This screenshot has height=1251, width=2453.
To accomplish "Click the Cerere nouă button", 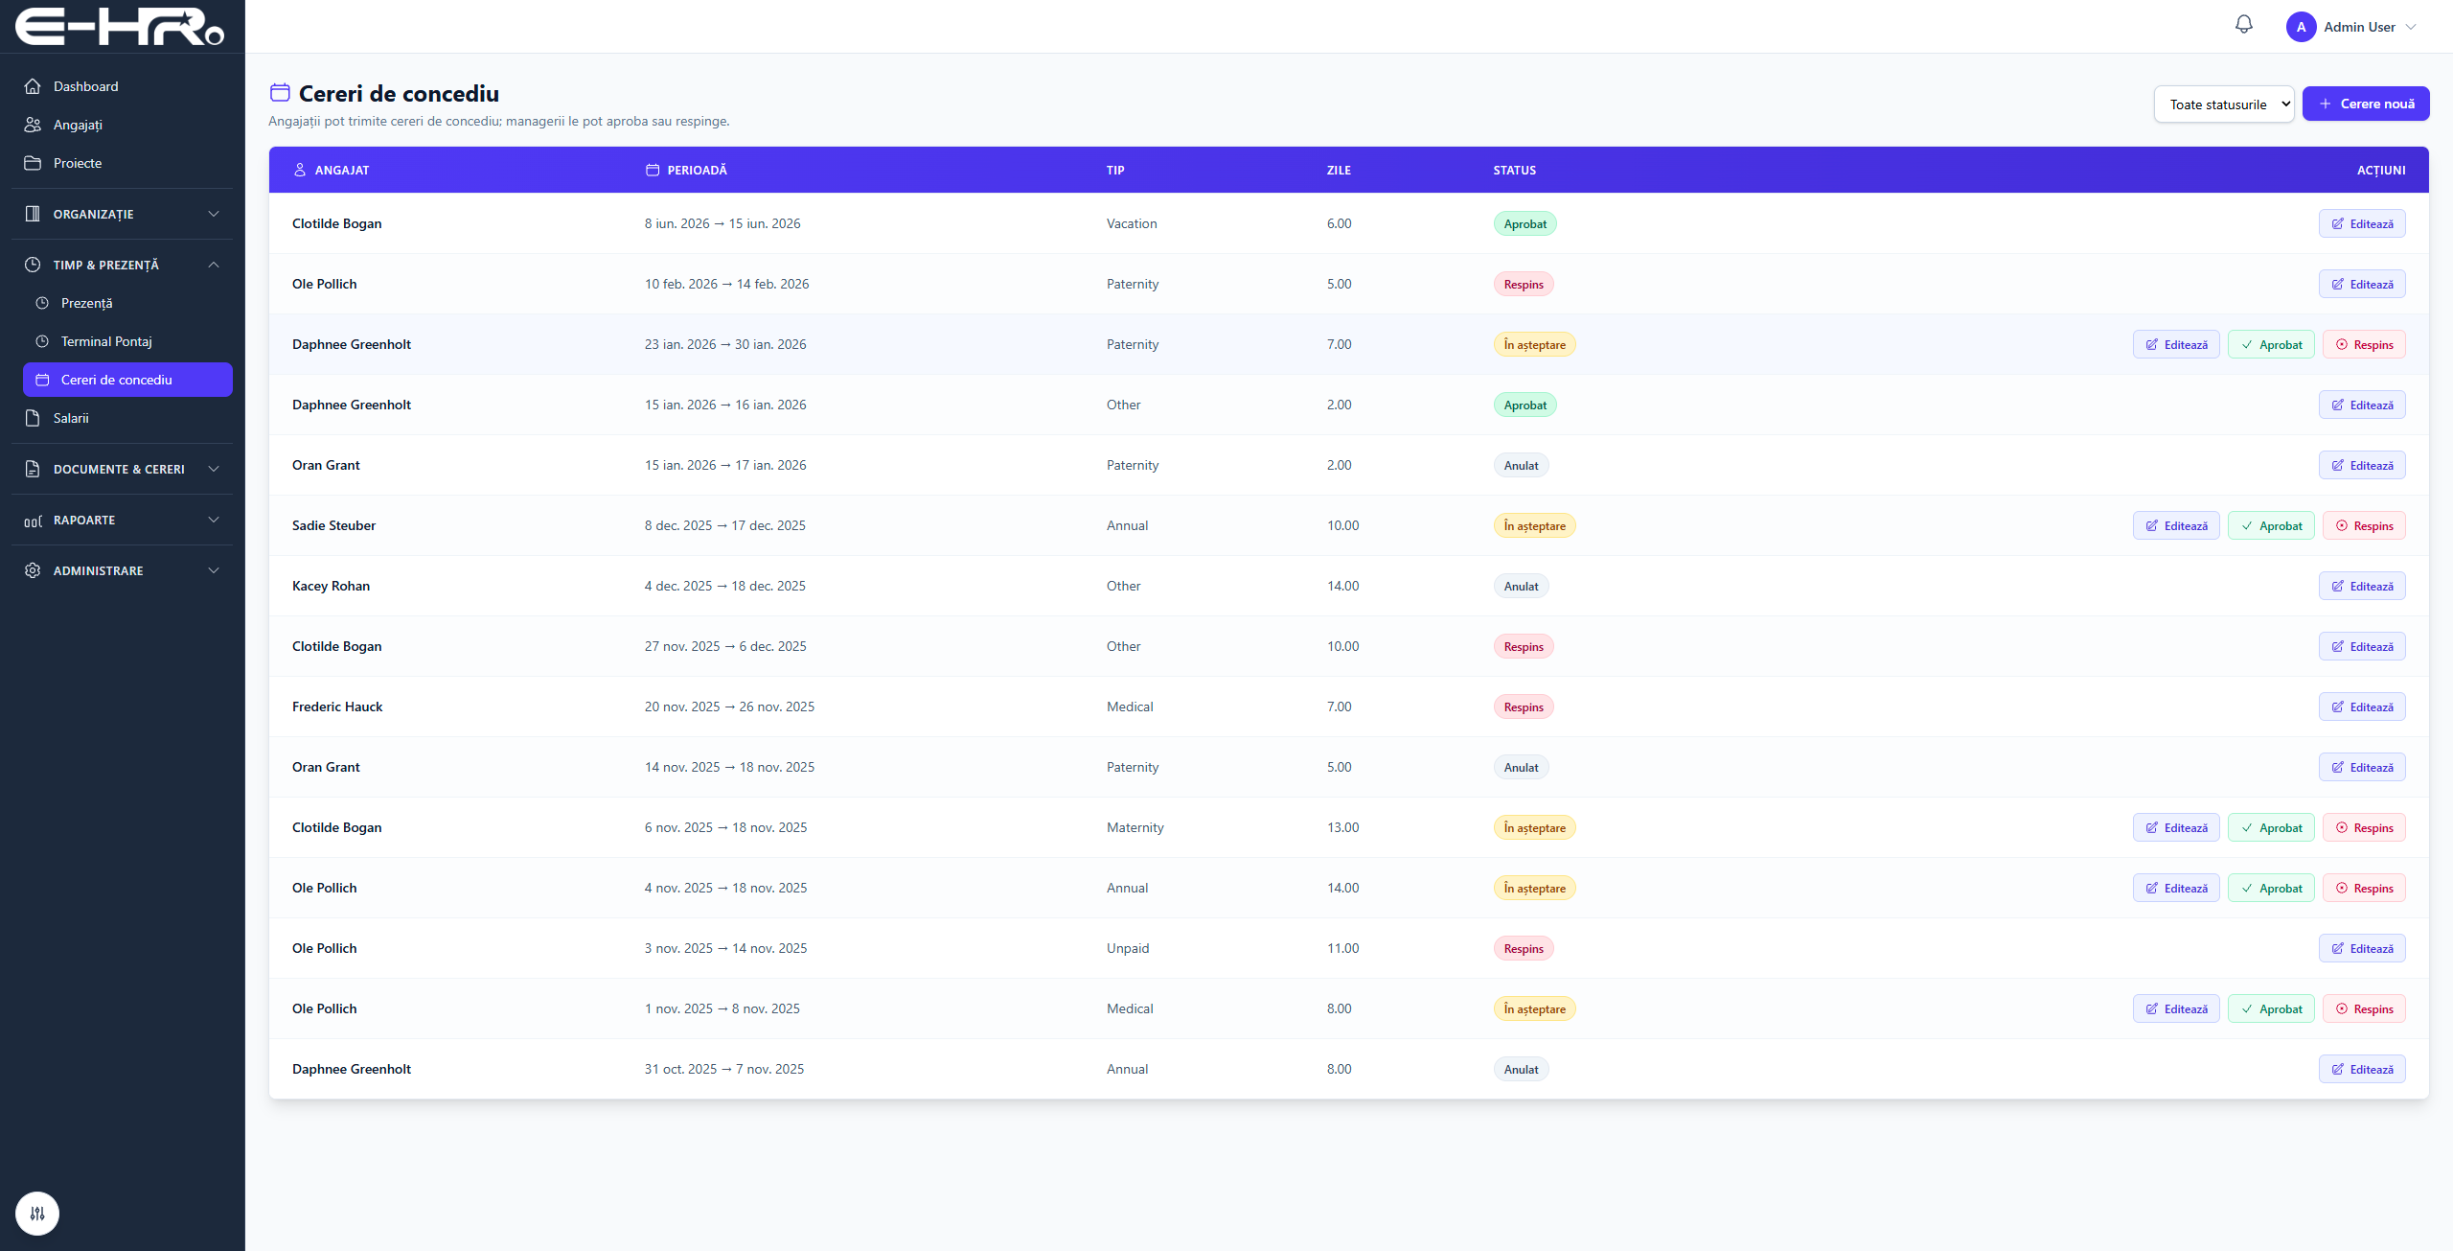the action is click(2365, 104).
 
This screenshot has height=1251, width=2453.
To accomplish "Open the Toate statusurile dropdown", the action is click(2224, 104).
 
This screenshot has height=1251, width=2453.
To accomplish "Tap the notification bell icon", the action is click(2244, 25).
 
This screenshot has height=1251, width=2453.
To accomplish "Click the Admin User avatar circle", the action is click(2301, 27).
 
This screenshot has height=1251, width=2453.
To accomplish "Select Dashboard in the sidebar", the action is click(85, 86).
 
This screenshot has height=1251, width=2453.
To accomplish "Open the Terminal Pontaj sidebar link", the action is click(106, 341).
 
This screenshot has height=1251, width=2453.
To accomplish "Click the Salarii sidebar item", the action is click(71, 418).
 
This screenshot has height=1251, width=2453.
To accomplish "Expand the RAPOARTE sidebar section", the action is click(122, 520).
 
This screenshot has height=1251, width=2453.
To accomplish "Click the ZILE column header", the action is click(1339, 170).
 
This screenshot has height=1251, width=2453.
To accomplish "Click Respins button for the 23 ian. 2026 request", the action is click(2364, 344).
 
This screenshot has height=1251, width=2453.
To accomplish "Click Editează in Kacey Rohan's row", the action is click(2362, 586).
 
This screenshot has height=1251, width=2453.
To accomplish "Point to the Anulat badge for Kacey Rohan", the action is click(1521, 586).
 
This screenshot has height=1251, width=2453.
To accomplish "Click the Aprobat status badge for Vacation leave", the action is click(1525, 223).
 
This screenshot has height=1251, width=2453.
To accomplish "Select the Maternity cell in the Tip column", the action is click(1135, 827).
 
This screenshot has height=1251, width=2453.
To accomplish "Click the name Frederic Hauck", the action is click(337, 707).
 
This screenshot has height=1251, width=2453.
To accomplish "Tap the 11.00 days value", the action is click(1342, 948).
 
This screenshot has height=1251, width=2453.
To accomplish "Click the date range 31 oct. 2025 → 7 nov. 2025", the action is click(724, 1069).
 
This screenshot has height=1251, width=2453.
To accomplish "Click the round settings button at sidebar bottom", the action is click(37, 1214).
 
